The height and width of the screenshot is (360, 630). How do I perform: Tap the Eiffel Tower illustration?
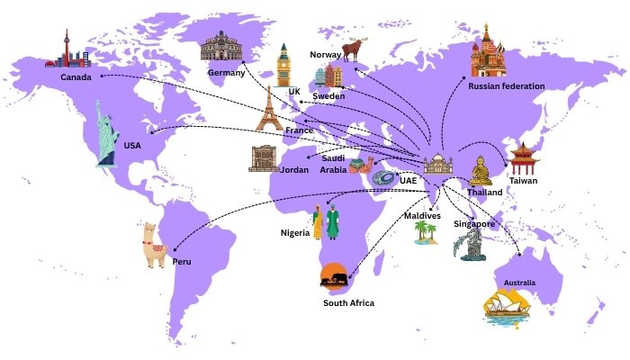(x=268, y=110)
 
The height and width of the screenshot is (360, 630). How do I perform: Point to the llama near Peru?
(x=151, y=245)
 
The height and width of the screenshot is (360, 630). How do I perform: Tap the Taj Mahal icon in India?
(x=439, y=165)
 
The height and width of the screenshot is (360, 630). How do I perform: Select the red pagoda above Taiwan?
(x=522, y=158)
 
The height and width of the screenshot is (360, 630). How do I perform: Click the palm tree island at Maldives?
(x=427, y=233)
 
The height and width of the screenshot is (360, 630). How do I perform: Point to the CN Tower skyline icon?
(x=68, y=50)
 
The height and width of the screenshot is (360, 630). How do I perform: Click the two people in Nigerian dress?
(x=325, y=223)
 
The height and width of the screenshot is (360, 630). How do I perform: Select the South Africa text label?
(x=348, y=302)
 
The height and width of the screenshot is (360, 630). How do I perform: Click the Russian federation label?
(x=506, y=85)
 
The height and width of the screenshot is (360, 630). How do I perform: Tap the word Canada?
(x=77, y=77)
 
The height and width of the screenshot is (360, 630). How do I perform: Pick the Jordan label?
(x=293, y=169)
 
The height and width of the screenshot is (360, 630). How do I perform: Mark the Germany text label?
(x=227, y=71)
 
